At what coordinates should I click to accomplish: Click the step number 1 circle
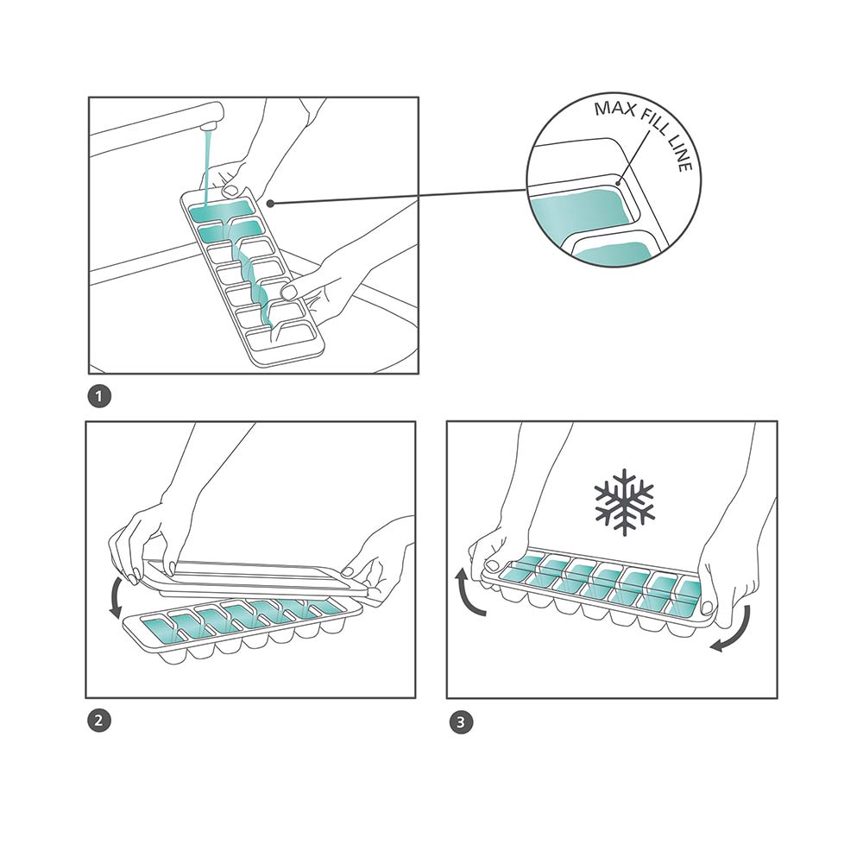click(99, 397)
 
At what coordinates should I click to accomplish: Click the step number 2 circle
click(99, 721)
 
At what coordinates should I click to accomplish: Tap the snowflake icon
click(625, 502)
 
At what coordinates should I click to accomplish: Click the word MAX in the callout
click(614, 108)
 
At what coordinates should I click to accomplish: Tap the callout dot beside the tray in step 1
click(270, 204)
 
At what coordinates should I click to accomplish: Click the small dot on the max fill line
click(619, 183)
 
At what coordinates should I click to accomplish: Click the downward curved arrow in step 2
click(117, 597)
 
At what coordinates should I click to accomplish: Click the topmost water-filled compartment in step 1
click(221, 208)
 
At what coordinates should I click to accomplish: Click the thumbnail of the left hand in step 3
click(493, 564)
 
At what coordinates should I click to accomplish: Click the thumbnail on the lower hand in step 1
click(289, 290)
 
